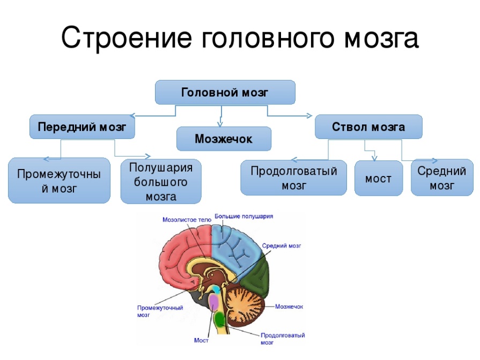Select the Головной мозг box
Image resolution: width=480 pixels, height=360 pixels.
click(x=225, y=92)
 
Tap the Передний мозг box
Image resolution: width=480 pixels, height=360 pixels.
click(x=82, y=127)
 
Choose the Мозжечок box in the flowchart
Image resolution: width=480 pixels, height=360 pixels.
click(x=224, y=139)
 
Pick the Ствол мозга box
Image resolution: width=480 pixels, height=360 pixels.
click(x=368, y=127)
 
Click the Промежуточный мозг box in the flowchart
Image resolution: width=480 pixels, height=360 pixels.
click(x=60, y=181)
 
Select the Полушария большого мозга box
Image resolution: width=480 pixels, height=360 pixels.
click(x=161, y=182)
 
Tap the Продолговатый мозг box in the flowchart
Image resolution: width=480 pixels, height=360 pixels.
click(x=294, y=178)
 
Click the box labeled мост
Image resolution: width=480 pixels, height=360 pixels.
click(x=378, y=179)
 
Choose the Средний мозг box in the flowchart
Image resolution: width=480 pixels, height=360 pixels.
click(x=442, y=178)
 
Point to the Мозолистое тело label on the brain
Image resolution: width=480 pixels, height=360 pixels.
click(x=188, y=219)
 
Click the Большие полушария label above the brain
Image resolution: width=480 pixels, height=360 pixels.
click(x=244, y=216)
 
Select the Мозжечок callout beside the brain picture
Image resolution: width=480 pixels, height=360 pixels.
click(x=289, y=306)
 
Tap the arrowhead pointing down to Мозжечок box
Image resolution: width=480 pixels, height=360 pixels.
click(x=220, y=123)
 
